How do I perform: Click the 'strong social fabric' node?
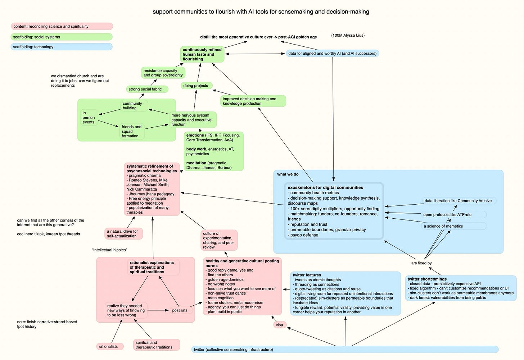point(147,89)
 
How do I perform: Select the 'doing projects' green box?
point(196,86)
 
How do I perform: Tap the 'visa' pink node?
point(280,325)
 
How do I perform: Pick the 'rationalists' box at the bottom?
point(110,346)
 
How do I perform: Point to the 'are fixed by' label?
point(421,263)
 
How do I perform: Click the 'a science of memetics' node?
point(454,226)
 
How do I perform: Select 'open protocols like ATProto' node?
point(454,215)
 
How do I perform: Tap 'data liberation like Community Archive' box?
point(459,201)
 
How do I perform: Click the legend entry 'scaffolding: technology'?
point(62,47)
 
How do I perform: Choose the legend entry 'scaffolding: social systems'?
point(62,37)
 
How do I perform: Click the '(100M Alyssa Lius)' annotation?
point(348,35)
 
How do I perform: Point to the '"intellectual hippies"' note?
point(110,250)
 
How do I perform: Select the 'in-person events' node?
point(89,117)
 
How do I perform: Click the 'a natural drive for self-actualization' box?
point(123,233)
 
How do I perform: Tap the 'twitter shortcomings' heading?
point(427,279)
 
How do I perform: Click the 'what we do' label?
point(288,174)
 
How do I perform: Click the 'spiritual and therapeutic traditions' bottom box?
point(157,345)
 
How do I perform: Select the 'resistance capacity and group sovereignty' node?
point(163,73)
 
